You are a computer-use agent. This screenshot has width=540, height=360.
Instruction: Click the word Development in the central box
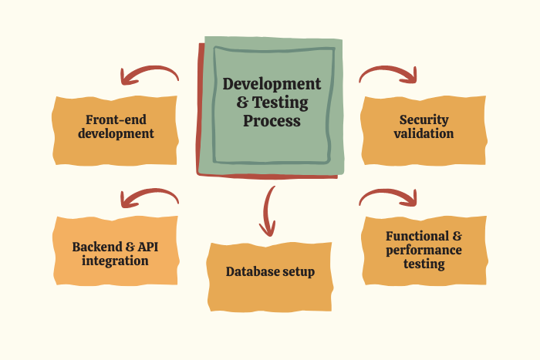coord(272,83)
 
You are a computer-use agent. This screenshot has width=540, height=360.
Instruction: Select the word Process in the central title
coord(272,121)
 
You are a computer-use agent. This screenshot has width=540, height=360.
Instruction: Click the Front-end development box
coord(116,129)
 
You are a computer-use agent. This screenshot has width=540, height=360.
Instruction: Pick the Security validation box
coord(424,129)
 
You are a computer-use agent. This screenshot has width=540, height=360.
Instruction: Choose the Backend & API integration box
coord(116,252)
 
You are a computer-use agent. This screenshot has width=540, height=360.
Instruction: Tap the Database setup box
coord(270,274)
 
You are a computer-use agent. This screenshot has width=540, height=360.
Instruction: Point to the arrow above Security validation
coord(389,73)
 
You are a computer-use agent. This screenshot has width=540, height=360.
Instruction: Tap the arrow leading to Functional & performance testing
coord(389,197)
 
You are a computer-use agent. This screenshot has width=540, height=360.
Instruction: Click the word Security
coord(424,119)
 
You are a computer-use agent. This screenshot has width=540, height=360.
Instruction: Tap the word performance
coord(424,250)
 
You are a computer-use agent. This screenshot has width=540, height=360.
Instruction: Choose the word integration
coord(116,261)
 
